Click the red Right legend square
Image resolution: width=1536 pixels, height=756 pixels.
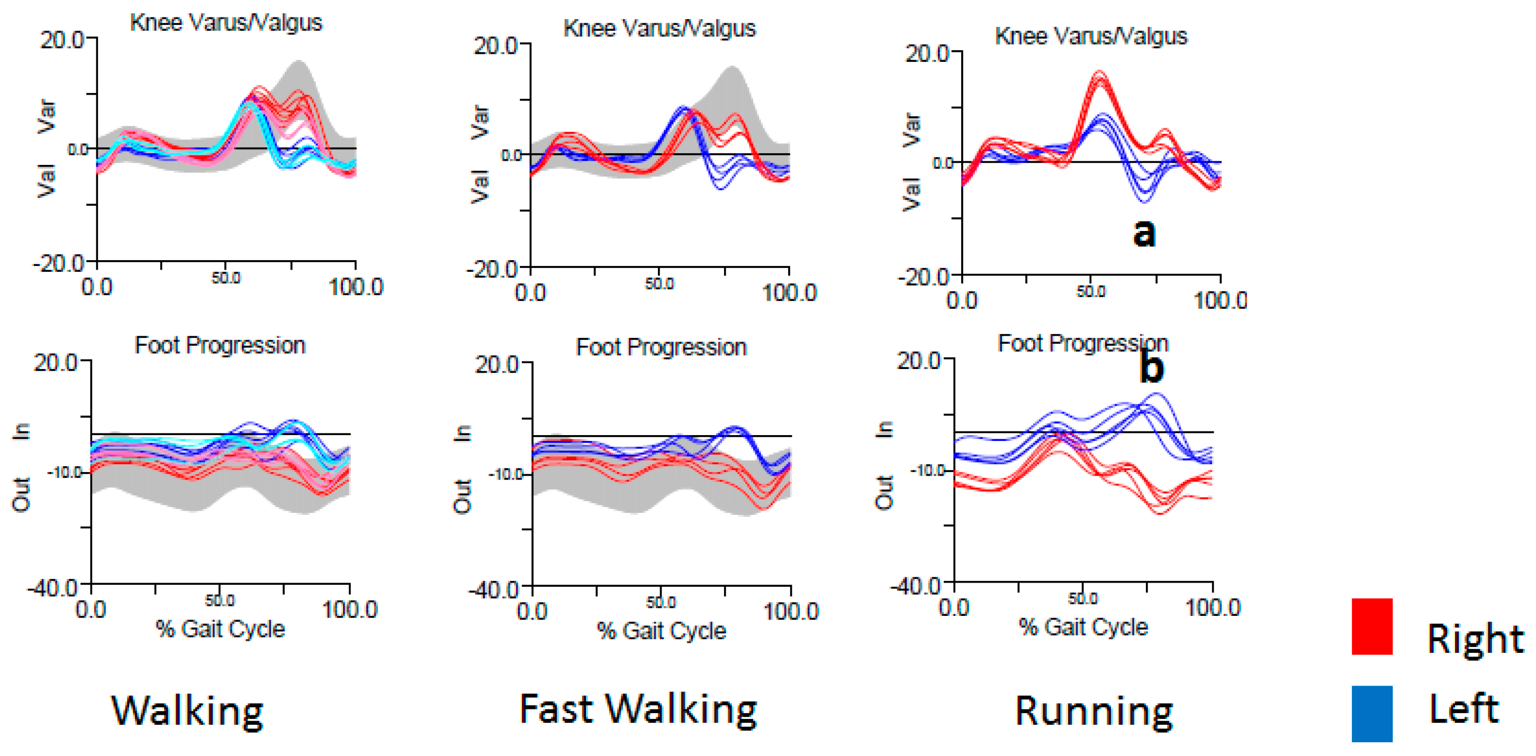coord(1371,626)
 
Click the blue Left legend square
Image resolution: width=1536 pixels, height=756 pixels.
coord(1371,713)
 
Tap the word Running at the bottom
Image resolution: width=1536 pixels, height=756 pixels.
coord(1094,711)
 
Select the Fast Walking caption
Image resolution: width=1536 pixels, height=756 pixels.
coord(637,709)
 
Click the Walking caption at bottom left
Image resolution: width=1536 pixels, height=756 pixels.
coord(187,711)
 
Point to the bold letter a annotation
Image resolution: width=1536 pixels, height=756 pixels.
coord(1144,232)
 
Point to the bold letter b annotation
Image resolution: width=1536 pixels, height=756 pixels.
coord(1151,366)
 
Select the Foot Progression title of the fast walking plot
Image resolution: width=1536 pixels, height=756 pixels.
coord(661,347)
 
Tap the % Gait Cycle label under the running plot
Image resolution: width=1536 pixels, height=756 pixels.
coord(1083,626)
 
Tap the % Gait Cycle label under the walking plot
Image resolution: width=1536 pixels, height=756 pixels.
coord(220,629)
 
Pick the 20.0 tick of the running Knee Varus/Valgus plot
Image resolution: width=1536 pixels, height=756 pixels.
coord(927,53)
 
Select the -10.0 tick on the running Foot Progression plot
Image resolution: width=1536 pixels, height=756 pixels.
coord(927,471)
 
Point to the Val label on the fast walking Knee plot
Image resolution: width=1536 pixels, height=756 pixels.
coord(480,186)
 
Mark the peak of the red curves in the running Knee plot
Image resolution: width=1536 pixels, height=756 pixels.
coord(1099,73)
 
